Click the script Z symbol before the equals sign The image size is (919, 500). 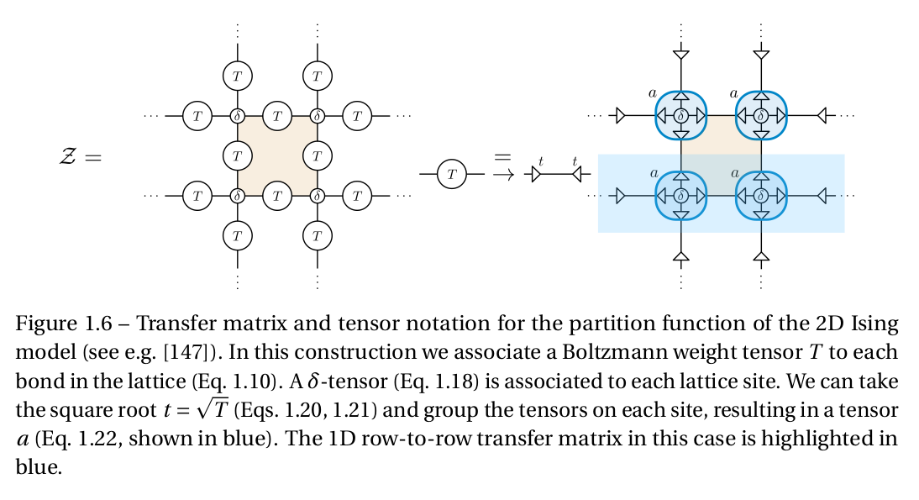[68, 156]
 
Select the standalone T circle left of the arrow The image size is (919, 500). [452, 174]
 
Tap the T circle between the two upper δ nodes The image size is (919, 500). [277, 116]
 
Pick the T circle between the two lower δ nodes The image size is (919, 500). [277, 196]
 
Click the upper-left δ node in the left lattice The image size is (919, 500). [238, 116]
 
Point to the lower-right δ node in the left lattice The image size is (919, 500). [317, 196]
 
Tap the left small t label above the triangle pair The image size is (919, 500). [541, 161]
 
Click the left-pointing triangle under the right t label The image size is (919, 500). [577, 174]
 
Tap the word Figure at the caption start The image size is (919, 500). [46, 324]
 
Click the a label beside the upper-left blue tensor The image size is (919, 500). [653, 92]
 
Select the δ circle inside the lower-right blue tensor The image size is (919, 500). [761, 196]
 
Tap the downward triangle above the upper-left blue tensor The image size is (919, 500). [681, 55]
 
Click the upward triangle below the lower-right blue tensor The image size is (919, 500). [761, 256]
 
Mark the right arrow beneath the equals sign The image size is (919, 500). [503, 174]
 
